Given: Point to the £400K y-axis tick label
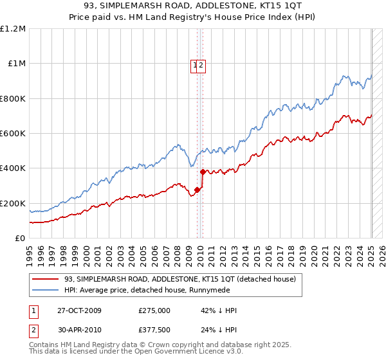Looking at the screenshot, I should click(x=13, y=168).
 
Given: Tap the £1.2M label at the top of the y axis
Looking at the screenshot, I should click(x=13, y=29).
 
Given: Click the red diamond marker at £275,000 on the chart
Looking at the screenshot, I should click(x=198, y=190).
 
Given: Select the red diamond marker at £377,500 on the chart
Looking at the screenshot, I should click(x=203, y=172).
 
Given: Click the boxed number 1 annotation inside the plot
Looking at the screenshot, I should click(x=194, y=64).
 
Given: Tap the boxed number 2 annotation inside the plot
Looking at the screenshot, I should click(x=201, y=64).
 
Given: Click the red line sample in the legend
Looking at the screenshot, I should click(x=45, y=279).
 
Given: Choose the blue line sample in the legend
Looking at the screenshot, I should click(x=45, y=290).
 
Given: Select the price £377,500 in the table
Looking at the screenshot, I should click(x=154, y=332).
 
